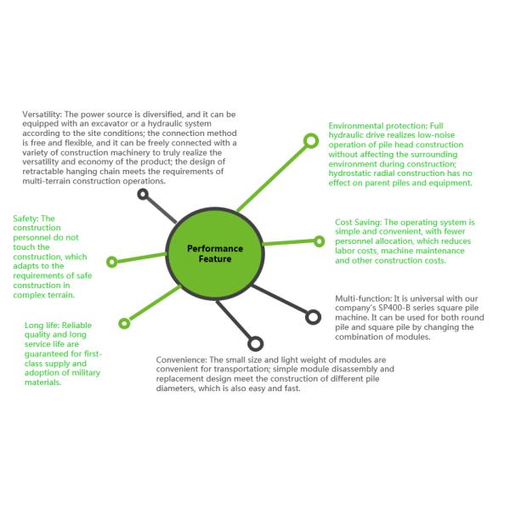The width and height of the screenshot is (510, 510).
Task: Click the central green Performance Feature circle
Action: coord(215,252)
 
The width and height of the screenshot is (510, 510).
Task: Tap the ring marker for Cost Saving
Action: coord(316,241)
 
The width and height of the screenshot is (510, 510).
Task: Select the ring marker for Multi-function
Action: coord(312,317)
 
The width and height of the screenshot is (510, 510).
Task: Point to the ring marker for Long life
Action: coord(124,323)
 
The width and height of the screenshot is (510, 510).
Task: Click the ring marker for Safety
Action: coord(111,262)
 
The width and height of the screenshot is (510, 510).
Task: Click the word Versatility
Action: coord(39,114)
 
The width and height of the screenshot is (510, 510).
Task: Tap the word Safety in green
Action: coord(25,219)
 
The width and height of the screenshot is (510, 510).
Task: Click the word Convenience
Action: coord(182,360)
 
